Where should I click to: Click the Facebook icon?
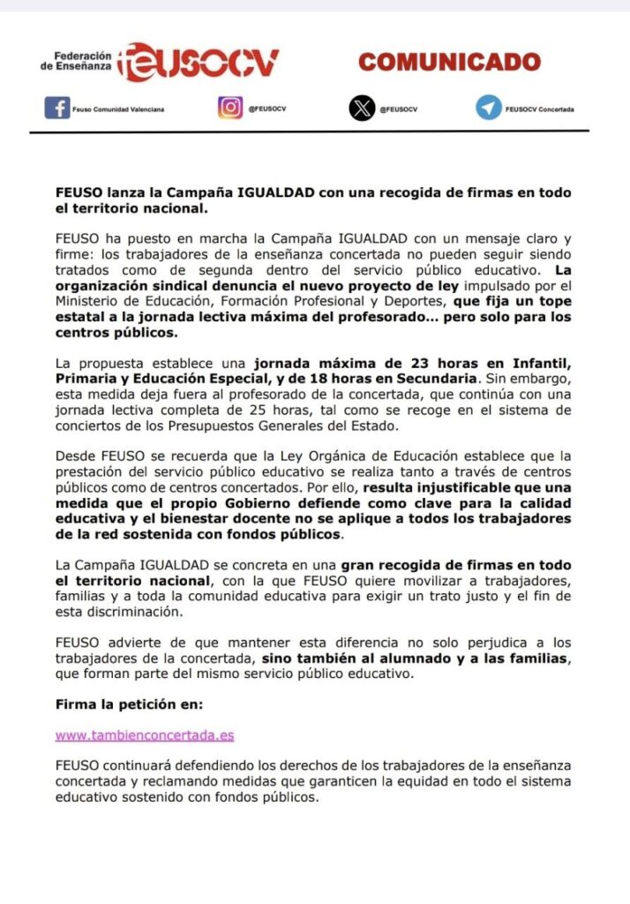tap(56, 108)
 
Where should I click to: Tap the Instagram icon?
tap(229, 108)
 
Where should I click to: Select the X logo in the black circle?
tap(362, 108)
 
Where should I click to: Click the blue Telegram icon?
tap(488, 108)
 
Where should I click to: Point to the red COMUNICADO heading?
tap(449, 62)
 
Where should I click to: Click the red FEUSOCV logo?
tap(199, 62)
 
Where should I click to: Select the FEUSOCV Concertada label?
tap(539, 109)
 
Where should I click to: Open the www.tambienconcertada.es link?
tap(144, 734)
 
